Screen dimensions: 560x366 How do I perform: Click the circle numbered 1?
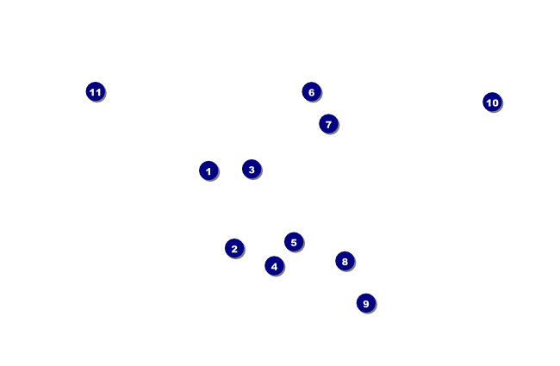click(x=208, y=171)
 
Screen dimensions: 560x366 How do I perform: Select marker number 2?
click(x=234, y=248)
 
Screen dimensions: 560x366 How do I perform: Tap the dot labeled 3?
click(x=252, y=169)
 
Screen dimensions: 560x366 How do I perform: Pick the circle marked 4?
click(x=274, y=265)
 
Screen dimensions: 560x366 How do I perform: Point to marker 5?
click(x=294, y=242)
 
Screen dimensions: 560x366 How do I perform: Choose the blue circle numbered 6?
click(x=311, y=92)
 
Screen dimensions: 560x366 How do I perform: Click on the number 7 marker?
click(x=328, y=124)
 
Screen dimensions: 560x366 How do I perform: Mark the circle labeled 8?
click(x=345, y=261)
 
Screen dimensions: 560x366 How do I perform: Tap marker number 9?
click(x=366, y=303)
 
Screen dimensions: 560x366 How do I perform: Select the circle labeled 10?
click(x=492, y=102)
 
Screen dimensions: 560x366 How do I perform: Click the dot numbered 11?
click(x=96, y=92)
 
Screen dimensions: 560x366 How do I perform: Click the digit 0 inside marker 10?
click(x=495, y=102)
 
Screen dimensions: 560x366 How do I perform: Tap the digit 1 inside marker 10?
click(x=488, y=102)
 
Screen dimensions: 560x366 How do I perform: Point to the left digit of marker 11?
click(x=92, y=92)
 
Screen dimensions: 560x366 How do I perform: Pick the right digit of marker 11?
click(x=98, y=92)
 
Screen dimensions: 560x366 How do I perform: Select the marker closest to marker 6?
click(x=328, y=124)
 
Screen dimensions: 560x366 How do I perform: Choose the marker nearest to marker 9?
click(x=345, y=261)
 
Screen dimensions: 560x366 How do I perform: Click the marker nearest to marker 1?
click(x=252, y=169)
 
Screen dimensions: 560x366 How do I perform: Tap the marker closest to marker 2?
click(x=274, y=265)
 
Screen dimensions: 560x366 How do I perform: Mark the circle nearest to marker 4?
click(x=294, y=242)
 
